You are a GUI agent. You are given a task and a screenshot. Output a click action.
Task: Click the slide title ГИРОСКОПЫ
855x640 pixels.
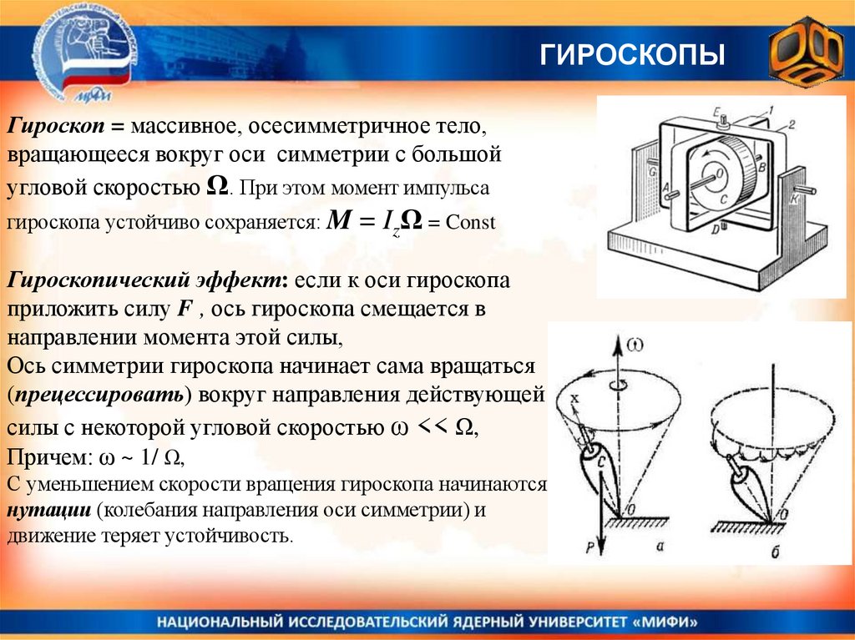pyautogui.click(x=631, y=57)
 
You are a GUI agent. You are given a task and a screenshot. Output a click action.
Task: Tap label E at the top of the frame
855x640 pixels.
pyautogui.click(x=716, y=110)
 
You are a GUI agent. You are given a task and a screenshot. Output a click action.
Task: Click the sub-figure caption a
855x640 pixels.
pyautogui.click(x=660, y=547)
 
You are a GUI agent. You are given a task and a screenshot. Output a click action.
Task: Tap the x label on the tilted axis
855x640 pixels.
pyautogui.click(x=574, y=400)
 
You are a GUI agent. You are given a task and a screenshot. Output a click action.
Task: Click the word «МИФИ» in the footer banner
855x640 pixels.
pyautogui.click(x=660, y=622)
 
